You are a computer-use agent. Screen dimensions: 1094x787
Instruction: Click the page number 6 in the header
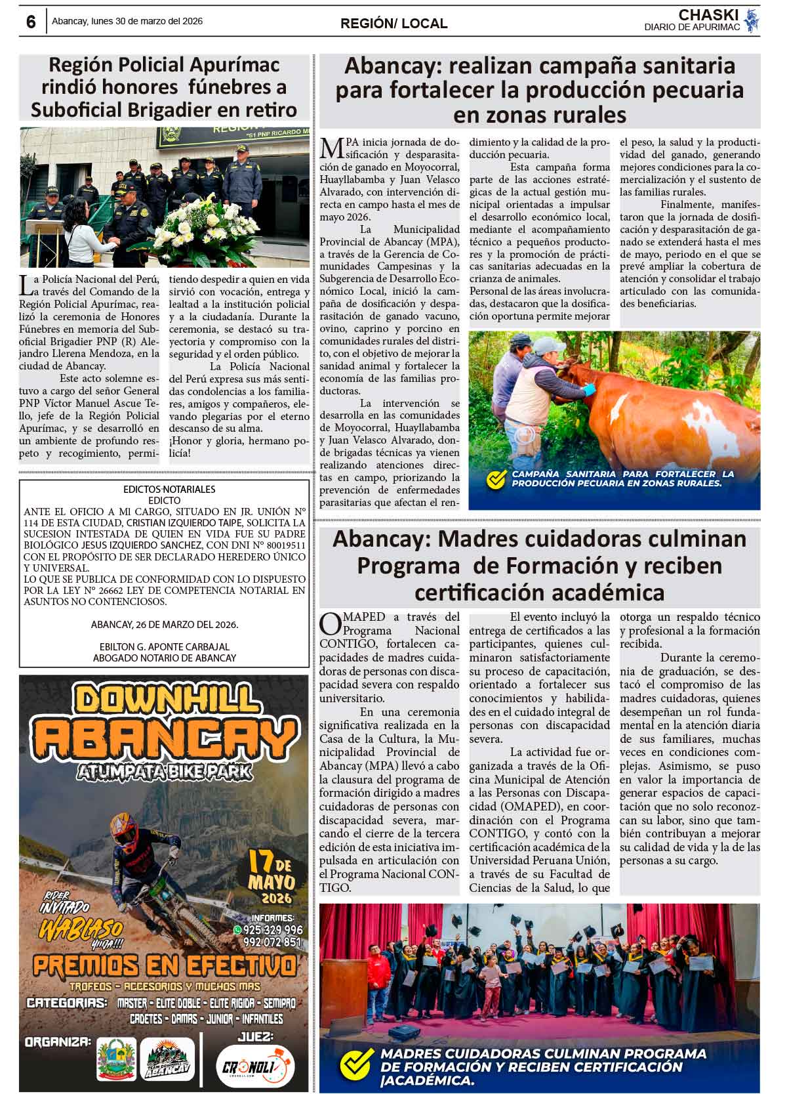click(31, 22)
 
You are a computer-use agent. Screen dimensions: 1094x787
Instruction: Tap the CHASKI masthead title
click(708, 14)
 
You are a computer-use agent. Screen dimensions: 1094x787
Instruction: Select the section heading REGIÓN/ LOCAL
click(393, 24)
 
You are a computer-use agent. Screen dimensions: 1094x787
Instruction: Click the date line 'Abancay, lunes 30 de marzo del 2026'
click(127, 21)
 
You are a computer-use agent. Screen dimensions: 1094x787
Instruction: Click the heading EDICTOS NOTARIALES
click(169, 489)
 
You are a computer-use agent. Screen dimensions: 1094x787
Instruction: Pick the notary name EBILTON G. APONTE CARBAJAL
click(164, 646)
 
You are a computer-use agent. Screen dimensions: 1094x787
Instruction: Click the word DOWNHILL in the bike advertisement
click(163, 703)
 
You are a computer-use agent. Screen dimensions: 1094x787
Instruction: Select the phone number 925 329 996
click(273, 929)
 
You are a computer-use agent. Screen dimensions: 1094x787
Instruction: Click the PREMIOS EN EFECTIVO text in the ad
click(164, 965)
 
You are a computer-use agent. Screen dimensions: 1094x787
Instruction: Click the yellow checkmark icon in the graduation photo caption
click(356, 1064)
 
